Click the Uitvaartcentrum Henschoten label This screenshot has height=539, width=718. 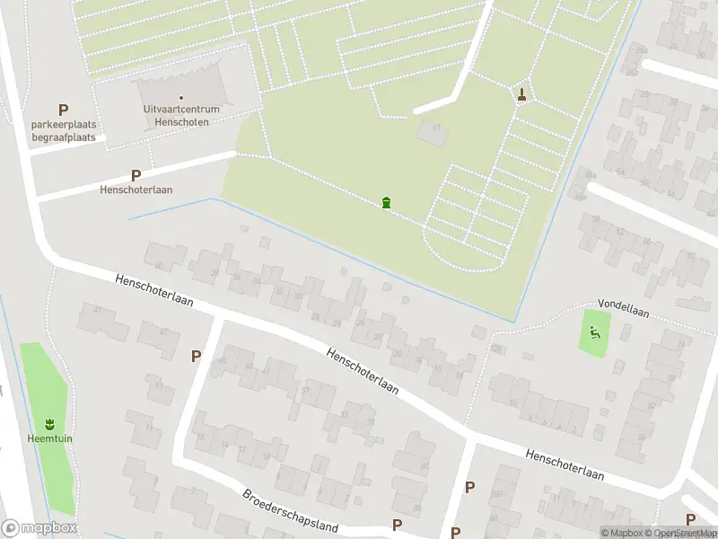[x=181, y=115]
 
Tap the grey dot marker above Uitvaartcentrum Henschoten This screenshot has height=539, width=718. [x=181, y=98]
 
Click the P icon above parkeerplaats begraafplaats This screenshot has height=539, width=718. [x=63, y=110]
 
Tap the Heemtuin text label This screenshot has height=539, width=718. [x=48, y=440]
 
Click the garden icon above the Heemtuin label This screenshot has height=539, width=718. [x=48, y=423]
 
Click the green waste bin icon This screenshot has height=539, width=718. [x=386, y=202]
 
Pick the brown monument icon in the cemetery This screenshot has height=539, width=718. [x=521, y=93]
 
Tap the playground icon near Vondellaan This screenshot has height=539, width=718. [x=593, y=332]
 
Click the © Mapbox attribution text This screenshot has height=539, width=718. [x=622, y=533]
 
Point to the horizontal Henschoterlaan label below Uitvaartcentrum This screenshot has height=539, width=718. [x=136, y=190]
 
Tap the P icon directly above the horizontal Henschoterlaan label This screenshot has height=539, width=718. [x=136, y=176]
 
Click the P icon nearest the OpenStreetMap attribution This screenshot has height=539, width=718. [x=690, y=519]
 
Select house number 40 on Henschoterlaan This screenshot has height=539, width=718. [x=159, y=266]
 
